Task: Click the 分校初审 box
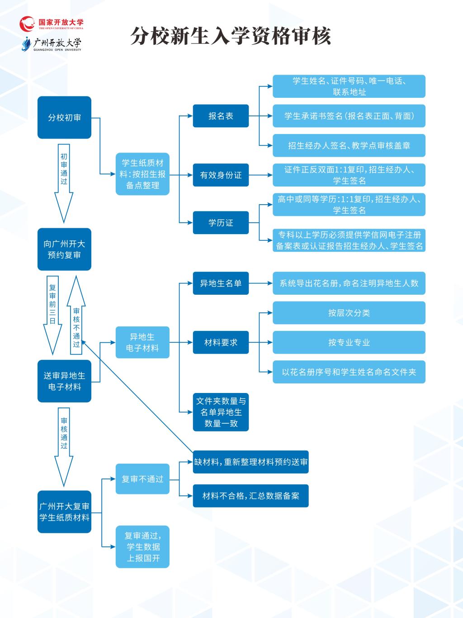click(x=64, y=117)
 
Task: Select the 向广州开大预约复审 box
click(x=64, y=249)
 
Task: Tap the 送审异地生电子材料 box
click(x=64, y=381)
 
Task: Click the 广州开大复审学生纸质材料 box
click(x=64, y=512)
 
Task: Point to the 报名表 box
click(x=221, y=116)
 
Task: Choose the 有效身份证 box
click(x=221, y=175)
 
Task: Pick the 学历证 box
click(x=221, y=223)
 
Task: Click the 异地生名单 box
click(x=221, y=283)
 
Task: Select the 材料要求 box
click(x=221, y=342)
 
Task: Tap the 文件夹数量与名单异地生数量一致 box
click(x=221, y=412)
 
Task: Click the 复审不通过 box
click(x=142, y=479)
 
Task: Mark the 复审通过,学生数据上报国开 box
click(x=142, y=547)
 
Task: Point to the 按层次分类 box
click(x=349, y=313)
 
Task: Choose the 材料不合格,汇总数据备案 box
click(x=251, y=496)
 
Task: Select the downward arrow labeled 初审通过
click(x=64, y=183)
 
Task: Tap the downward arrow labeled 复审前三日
click(x=52, y=315)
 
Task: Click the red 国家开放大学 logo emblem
click(x=27, y=24)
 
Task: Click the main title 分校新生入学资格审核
click(x=231, y=36)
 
